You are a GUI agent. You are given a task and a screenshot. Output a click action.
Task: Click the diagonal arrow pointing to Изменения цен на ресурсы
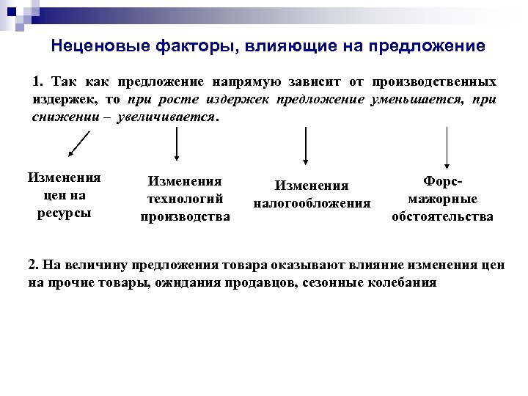[x=78, y=143]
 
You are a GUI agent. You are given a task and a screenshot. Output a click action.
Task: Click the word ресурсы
[x=64, y=213]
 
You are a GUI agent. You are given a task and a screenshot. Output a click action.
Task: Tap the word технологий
[x=185, y=198]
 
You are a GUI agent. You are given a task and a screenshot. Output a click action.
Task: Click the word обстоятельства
[x=442, y=216]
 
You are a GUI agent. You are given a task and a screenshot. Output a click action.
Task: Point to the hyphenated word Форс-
[x=444, y=181]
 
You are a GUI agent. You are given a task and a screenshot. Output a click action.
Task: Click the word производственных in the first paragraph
[x=435, y=81]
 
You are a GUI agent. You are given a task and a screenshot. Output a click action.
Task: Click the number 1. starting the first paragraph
[x=39, y=81]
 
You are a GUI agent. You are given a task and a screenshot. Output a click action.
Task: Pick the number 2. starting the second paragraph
[x=34, y=265]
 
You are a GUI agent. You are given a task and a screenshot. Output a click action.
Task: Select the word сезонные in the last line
[x=332, y=282]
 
